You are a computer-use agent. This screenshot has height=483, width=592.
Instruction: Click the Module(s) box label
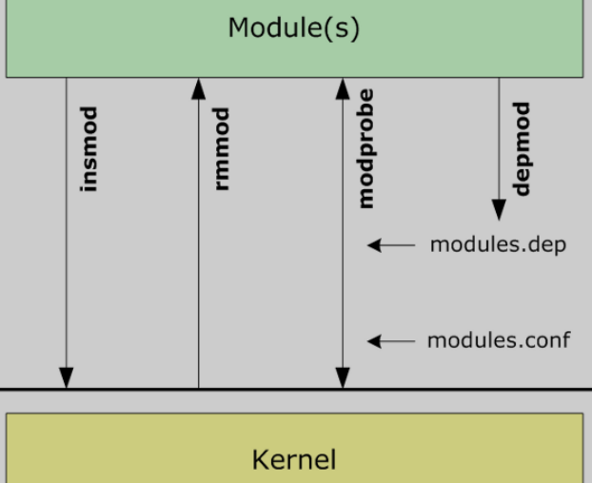click(x=293, y=29)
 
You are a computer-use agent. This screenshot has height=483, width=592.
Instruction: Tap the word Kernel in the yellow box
click(x=293, y=460)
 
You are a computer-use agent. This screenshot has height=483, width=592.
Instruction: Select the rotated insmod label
click(x=90, y=149)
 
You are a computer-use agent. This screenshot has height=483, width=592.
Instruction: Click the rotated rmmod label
click(x=222, y=149)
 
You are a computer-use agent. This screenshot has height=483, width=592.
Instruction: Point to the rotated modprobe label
click(x=365, y=149)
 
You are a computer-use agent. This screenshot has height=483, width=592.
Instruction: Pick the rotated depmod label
click(x=522, y=149)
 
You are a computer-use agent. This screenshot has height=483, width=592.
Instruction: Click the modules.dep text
click(x=498, y=245)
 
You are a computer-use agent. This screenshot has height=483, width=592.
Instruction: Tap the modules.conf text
click(x=499, y=339)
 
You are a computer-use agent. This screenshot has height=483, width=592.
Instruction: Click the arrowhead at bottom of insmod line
click(x=67, y=377)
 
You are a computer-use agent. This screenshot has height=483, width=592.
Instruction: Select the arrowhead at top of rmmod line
click(x=198, y=89)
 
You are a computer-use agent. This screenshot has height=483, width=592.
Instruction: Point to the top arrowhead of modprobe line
click(x=343, y=89)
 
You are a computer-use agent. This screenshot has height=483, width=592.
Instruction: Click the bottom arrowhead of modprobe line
click(x=343, y=377)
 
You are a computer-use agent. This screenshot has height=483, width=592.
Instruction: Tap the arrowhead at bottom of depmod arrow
click(x=499, y=209)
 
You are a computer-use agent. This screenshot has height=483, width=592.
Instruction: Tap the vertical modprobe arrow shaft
click(x=343, y=285)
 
